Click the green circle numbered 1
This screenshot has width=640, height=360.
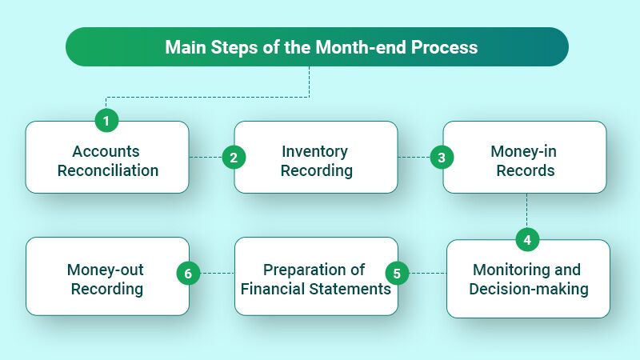point(106,122)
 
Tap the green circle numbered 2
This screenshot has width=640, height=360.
point(233,158)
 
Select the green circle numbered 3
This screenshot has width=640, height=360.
point(441,158)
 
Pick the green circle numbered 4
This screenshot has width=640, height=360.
point(526,239)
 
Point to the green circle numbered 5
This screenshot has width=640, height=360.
point(397,274)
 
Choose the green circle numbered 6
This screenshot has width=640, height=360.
point(188,274)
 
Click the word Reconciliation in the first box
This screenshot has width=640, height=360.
point(106,170)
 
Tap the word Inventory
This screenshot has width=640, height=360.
point(314,151)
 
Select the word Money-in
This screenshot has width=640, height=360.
point(524,151)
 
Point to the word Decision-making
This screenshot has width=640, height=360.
point(528,288)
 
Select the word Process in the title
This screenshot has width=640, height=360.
point(444,47)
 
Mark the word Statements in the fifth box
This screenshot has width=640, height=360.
point(352,288)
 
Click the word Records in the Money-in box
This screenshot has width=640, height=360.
point(524,170)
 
